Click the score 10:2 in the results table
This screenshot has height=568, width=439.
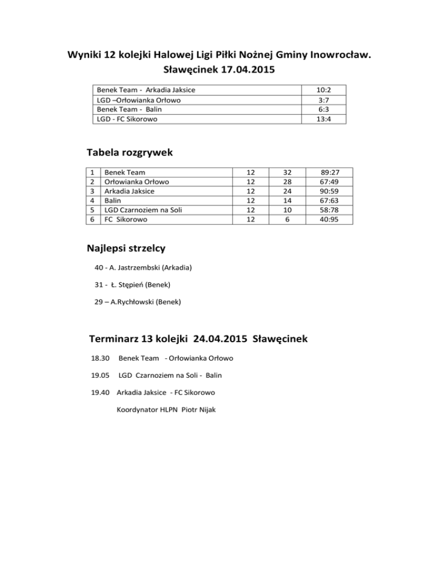(x=324, y=90)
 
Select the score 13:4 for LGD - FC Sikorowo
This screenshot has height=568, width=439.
(x=324, y=119)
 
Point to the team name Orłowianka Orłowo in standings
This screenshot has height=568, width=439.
(x=137, y=182)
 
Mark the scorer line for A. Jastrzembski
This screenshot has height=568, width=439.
(x=143, y=268)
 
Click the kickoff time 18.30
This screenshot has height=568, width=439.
(x=100, y=358)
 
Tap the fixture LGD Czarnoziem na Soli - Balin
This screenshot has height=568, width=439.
(x=170, y=375)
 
